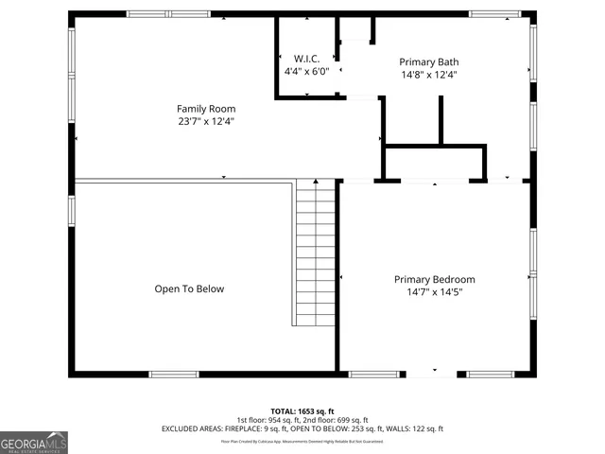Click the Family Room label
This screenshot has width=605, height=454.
pos(206,109)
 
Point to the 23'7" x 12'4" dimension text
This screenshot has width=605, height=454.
pos(206,121)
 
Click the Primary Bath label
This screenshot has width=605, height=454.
pos(428,61)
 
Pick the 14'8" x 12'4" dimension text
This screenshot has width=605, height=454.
pos(428,75)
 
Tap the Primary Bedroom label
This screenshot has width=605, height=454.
pos(434,279)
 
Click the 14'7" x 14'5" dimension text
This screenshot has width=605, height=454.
pos(434,292)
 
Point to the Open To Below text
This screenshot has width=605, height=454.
pos(189,288)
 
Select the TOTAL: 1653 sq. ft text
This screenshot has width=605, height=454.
pos(302,410)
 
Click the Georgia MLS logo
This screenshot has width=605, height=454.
pos(34,442)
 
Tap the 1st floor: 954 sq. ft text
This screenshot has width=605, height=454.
pos(269,420)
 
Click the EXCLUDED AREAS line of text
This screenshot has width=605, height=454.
pos(302,429)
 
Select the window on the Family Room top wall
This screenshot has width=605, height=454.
pos(156,13)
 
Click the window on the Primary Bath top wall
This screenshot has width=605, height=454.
pos(495,13)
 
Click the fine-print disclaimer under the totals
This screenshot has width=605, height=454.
pos(302,441)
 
